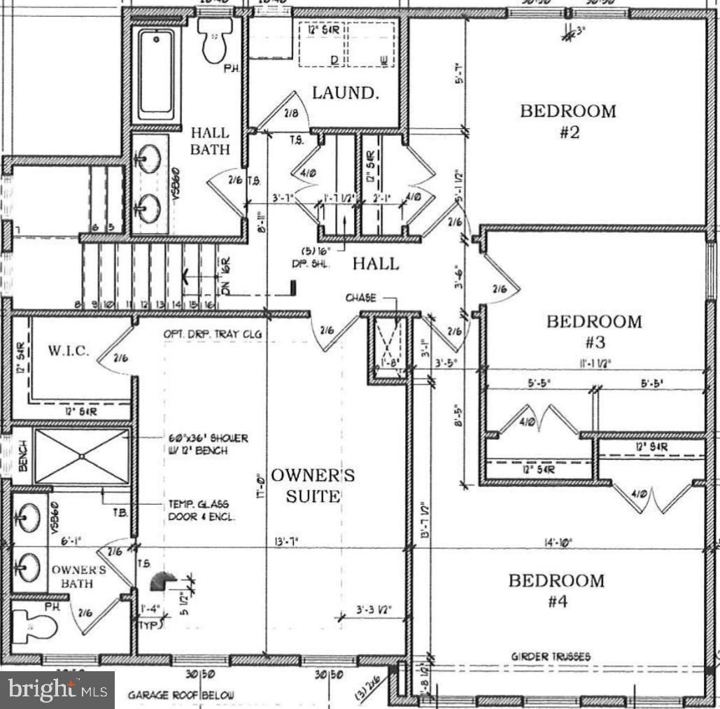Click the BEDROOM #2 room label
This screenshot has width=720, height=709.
click(x=567, y=121)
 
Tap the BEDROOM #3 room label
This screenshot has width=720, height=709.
click(x=594, y=332)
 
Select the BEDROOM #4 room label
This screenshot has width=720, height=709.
click(x=556, y=591)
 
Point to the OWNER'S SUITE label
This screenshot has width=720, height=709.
click(x=313, y=486)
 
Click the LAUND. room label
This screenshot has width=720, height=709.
click(x=346, y=93)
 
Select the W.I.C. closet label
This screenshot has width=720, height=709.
click(x=68, y=351)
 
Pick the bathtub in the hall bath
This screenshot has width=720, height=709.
click(x=159, y=74)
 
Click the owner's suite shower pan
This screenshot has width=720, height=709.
click(x=82, y=456)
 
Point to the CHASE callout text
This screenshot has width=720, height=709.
click(x=360, y=298)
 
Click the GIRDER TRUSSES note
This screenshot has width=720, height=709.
click(x=550, y=657)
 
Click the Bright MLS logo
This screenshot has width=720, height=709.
click(x=57, y=690)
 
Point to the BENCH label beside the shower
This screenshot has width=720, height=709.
click(x=22, y=456)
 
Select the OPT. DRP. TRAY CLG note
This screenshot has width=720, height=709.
click(x=213, y=335)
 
